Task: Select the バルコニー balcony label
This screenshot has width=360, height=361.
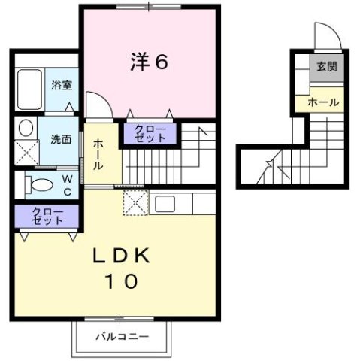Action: pos(122,336)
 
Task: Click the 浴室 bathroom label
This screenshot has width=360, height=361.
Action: pos(62,84)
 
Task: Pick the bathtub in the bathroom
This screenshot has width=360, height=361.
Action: pos(31,89)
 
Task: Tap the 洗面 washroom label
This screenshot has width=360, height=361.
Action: pos(61,139)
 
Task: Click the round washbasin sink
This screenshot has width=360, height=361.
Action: pos(26,126)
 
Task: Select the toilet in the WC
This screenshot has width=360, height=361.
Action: pos(38,183)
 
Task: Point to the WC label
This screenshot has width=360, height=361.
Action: pos(67,184)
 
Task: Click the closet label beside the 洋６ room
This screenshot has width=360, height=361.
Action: pos(150,135)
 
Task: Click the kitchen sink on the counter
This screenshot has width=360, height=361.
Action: pos(165,203)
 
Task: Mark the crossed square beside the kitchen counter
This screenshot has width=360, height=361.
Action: pos(135,202)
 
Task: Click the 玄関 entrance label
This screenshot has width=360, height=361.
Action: pos(325,66)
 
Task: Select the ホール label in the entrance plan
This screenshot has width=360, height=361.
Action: pos(323,102)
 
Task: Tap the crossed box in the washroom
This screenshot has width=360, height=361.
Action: pos(28,153)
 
